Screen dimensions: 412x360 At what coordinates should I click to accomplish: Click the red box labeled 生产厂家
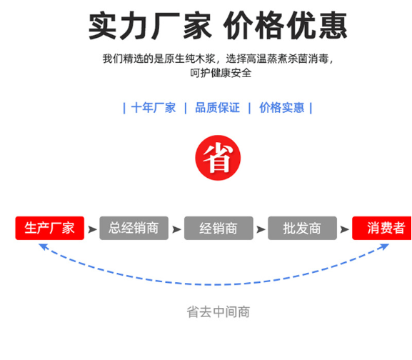50,228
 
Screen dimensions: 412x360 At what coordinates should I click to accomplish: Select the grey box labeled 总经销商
134,228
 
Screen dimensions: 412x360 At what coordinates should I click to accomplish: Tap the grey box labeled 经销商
218,228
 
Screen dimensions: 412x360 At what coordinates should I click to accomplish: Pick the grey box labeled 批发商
302,228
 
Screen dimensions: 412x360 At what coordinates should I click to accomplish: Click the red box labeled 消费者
382,228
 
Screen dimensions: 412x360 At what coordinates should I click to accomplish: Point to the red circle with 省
218,158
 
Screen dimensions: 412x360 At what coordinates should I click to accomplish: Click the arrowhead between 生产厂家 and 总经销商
92,229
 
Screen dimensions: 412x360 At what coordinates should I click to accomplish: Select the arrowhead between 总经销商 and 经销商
176,229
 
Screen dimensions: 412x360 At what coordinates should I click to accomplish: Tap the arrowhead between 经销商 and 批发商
261,229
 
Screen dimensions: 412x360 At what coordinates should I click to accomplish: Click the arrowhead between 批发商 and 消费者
344,229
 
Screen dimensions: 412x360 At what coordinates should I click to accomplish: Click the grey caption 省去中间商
218,312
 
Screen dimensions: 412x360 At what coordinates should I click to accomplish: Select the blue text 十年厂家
154,108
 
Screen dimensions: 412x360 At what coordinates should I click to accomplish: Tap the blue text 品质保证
217,108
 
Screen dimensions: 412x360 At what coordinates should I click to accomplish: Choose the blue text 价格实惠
281,108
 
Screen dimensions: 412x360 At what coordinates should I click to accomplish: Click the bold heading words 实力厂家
150,26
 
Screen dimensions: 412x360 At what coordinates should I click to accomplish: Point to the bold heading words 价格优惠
286,26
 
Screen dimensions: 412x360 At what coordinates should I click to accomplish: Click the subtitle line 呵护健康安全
221,73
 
